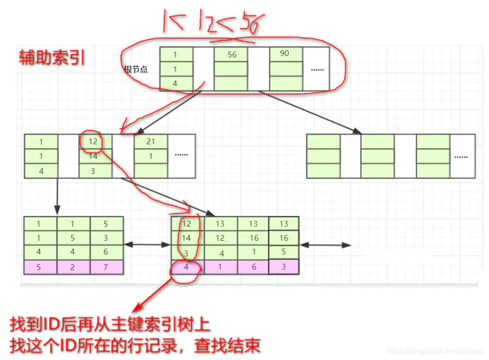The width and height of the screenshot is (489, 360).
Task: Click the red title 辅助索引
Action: pyautogui.click(x=51, y=58)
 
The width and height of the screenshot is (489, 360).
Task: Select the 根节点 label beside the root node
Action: pyautogui.click(x=136, y=69)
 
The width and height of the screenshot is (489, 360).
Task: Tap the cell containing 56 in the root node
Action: pyautogui.click(x=232, y=54)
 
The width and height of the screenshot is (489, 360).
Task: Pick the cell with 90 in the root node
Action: pyautogui.click(x=284, y=53)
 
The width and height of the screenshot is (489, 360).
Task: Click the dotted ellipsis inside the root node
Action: pyautogui.click(x=317, y=69)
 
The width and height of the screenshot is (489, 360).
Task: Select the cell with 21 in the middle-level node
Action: pyautogui.click(x=151, y=142)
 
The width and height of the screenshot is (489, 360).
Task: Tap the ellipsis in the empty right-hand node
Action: pyautogui.click(x=461, y=156)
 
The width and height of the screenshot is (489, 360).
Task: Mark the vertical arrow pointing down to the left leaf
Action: pyautogui.click(x=57, y=196)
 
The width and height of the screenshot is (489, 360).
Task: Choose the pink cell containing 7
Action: pyautogui.click(x=106, y=267)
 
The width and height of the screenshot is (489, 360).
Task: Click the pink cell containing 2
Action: pyautogui.click(x=73, y=267)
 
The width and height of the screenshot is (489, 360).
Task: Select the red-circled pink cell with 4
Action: pyautogui.click(x=186, y=267)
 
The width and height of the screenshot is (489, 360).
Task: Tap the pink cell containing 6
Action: pyautogui.click(x=254, y=267)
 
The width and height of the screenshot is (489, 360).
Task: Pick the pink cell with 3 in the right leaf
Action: pyautogui.click(x=283, y=267)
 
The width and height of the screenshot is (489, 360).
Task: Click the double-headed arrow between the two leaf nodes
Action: pyautogui.click(x=147, y=245)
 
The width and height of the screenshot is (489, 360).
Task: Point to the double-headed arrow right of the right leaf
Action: pyautogui.click(x=325, y=245)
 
